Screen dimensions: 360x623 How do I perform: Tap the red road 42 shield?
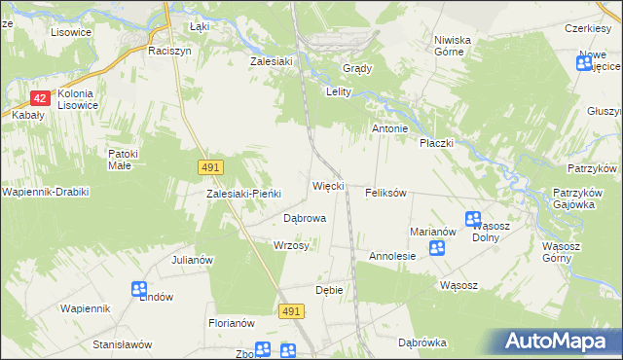pos(40,98)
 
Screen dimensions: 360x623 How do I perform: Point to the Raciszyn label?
pos(167,48)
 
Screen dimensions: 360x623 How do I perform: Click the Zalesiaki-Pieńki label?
pos(243,193)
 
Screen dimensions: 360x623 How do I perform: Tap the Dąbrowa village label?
pos(304,219)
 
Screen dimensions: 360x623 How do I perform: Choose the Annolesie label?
pos(392,257)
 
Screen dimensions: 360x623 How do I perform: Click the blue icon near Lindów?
pos(139,289)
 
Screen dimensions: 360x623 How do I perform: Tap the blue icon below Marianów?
pos(437,248)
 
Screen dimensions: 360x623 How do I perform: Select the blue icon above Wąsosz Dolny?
pos(473,220)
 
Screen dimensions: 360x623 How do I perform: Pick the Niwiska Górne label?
pos(453,46)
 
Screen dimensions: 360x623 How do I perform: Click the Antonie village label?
pos(388,128)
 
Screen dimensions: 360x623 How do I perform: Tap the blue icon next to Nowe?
pos(585,65)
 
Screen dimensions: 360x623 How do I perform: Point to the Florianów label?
pos(231,322)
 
